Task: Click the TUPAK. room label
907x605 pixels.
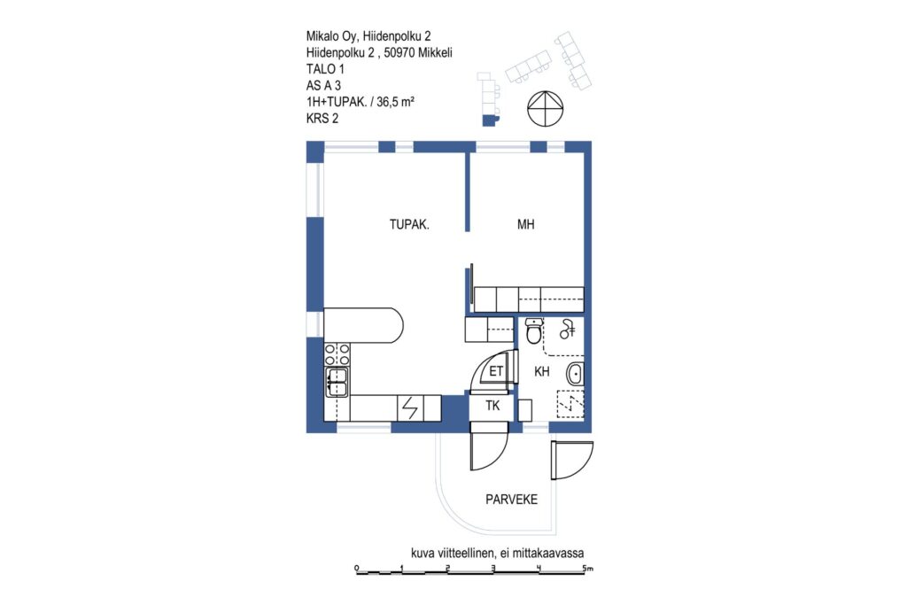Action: (409, 224)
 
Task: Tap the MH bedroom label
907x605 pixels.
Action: (525, 224)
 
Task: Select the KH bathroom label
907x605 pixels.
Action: (541, 371)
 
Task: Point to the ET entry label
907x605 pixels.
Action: (496, 371)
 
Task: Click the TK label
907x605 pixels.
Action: (492, 406)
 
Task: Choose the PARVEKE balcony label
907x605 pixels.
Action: (511, 500)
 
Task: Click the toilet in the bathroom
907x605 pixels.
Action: (534, 330)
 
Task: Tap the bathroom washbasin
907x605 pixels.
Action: (575, 374)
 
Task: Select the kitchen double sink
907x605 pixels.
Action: (337, 382)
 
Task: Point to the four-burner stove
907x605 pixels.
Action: (337, 354)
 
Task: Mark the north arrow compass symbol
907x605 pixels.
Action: (545, 108)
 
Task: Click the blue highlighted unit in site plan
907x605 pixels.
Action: (489, 120)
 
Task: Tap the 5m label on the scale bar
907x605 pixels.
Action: (588, 568)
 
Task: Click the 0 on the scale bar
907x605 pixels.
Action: (356, 568)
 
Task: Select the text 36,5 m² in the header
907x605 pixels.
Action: (395, 102)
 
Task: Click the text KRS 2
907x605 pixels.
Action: (322, 119)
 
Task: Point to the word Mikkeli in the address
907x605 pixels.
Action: (435, 52)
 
